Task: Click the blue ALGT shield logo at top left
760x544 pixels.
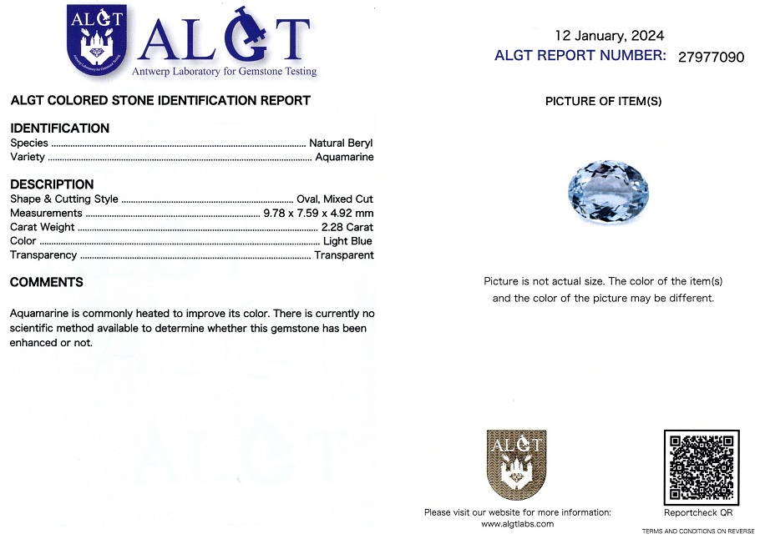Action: [97, 41]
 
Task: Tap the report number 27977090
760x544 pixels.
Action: [711, 57]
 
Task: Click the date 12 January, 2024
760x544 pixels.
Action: [610, 35]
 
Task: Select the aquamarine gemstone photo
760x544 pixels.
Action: [604, 193]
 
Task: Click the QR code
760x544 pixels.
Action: [702, 466]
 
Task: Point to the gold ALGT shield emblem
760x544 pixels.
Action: [516, 465]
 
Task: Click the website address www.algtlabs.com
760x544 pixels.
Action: [517, 524]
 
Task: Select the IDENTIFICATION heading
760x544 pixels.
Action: [59, 128]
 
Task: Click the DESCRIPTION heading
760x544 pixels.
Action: [52, 184]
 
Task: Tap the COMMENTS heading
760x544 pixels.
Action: [47, 282]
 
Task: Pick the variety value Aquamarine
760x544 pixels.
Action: [344, 157]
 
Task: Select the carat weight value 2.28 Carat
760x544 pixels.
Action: [347, 227]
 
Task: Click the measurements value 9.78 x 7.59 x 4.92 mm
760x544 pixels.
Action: [318, 213]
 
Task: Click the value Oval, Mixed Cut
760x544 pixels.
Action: [335, 199]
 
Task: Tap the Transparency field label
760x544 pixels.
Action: [43, 255]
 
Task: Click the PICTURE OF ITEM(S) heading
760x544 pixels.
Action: [603, 101]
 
